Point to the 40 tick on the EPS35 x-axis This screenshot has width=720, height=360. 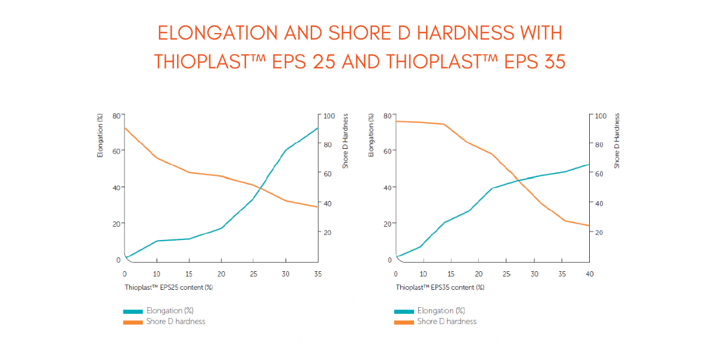click(x=589, y=274)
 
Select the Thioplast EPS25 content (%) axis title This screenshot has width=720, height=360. click(x=169, y=287)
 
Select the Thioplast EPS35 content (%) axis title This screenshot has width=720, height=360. click(x=440, y=287)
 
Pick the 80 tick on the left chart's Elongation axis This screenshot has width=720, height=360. click(x=116, y=115)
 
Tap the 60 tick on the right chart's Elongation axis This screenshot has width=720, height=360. click(x=388, y=151)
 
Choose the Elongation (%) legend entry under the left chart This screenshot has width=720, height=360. click(x=170, y=311)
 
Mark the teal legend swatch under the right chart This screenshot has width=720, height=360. click(x=404, y=311)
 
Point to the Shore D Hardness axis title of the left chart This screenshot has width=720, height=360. click(x=346, y=142)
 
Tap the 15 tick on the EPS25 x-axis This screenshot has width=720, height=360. click(x=189, y=274)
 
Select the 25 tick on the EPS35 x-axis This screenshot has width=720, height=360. click(x=506, y=274)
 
